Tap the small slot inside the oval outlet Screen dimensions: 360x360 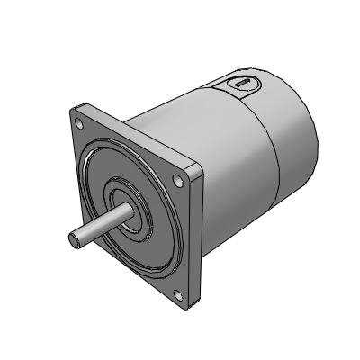click(x=241, y=83)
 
